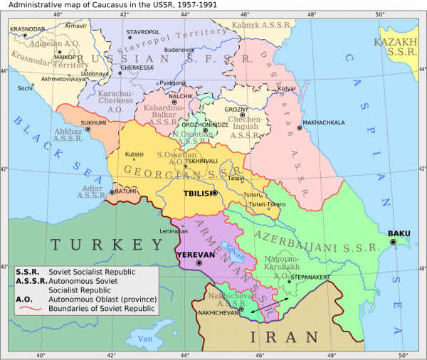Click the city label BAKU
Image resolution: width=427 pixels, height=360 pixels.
tap(399, 233)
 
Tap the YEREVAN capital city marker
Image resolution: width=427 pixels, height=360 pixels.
tap(199, 263)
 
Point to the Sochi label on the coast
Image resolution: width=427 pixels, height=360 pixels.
tap(25, 89)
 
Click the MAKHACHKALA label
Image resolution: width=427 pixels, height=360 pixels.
tap(324, 122)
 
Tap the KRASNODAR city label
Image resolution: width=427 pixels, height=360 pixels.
tap(27, 29)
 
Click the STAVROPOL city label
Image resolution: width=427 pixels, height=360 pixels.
tap(143, 33)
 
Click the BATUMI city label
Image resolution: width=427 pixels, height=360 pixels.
tap(125, 191)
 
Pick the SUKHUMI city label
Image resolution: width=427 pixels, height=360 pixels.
tap(93, 122)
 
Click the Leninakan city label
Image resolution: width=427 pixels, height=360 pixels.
tap(174, 232)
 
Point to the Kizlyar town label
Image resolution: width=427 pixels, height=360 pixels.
tap(285, 89)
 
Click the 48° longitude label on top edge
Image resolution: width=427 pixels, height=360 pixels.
tap(311, 15)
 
